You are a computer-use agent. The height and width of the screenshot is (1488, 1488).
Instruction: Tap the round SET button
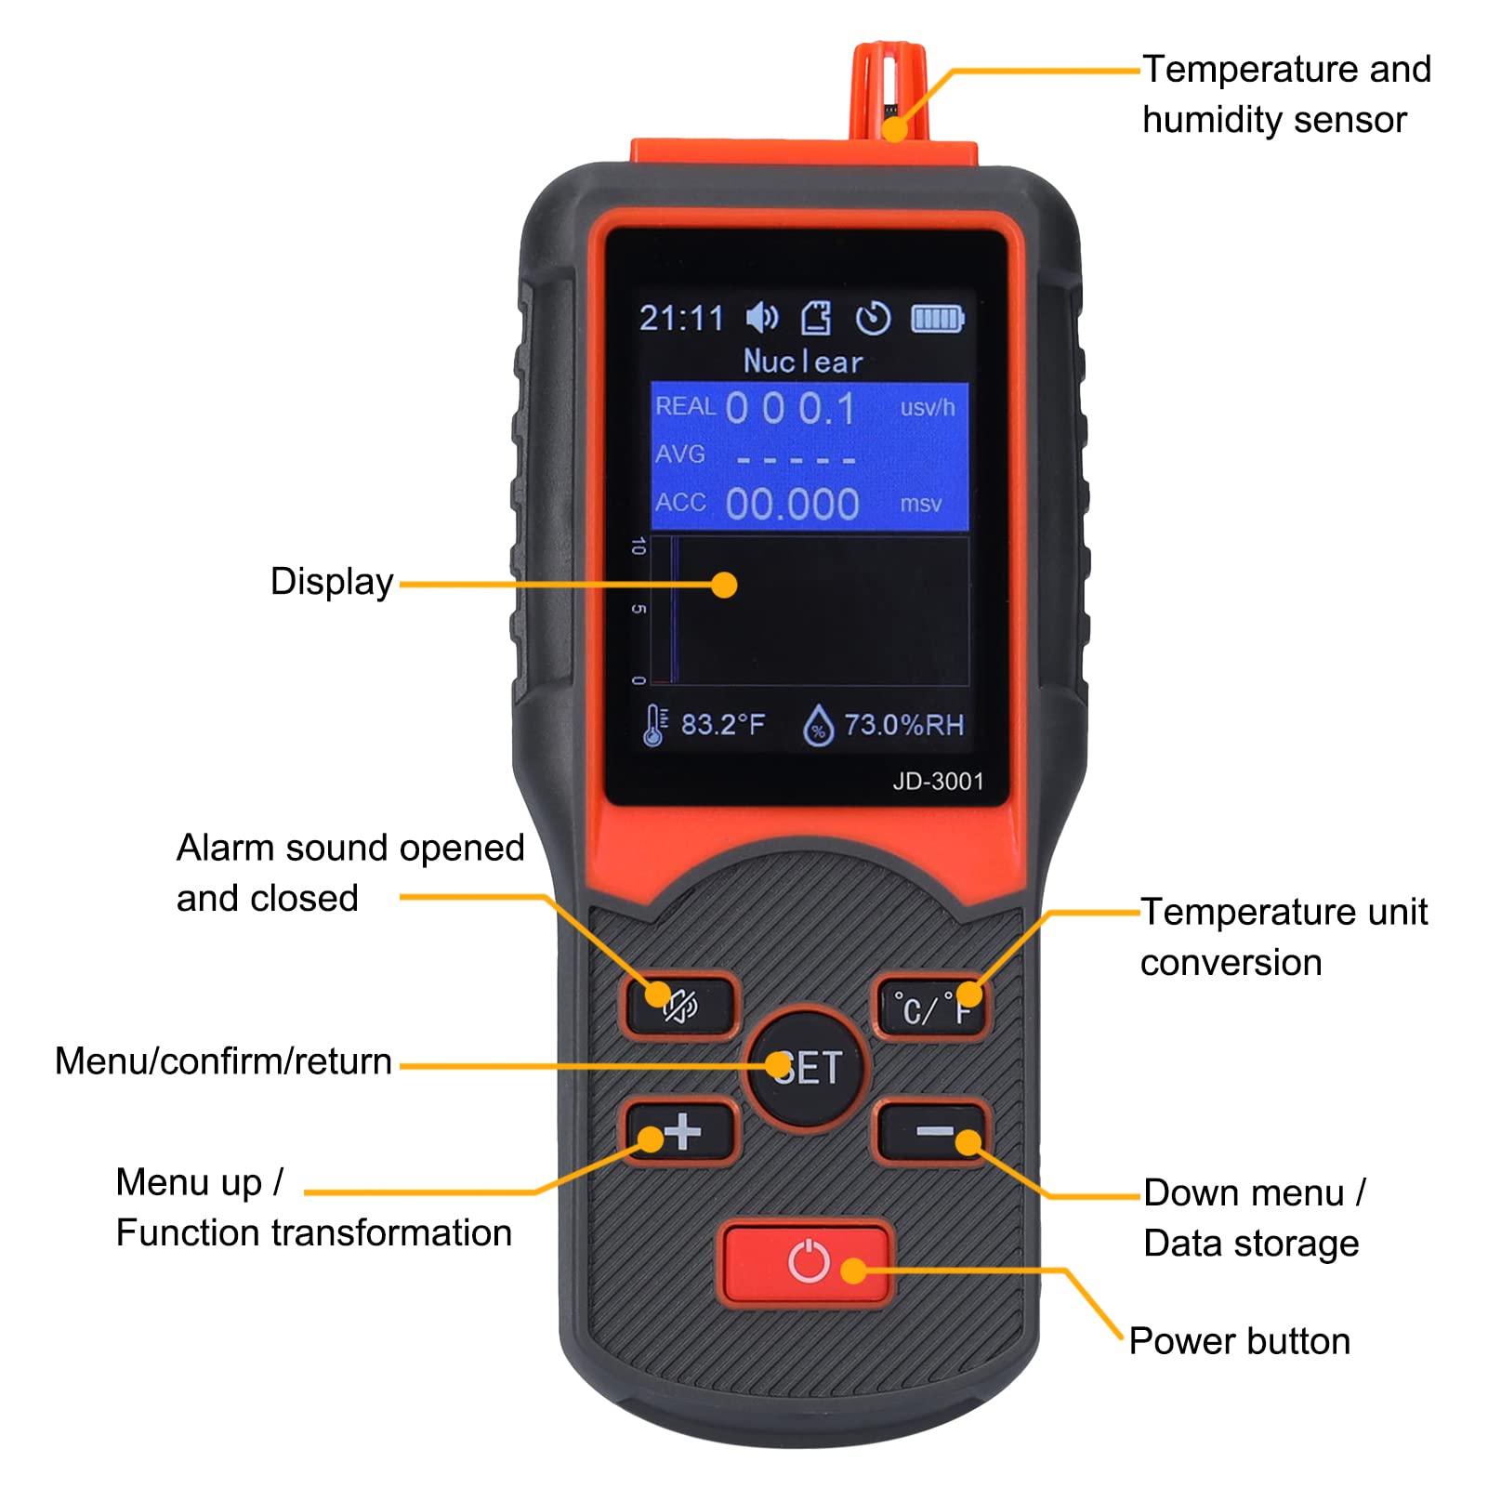tap(806, 1067)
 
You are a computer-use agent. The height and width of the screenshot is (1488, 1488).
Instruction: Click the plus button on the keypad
tap(681, 1131)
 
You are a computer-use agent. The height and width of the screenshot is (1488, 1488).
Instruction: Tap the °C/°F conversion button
tap(931, 1007)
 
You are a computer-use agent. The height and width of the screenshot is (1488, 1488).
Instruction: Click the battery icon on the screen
tap(938, 319)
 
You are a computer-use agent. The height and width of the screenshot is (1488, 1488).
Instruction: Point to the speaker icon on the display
tap(763, 318)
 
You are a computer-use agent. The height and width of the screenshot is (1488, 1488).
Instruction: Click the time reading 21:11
tap(681, 319)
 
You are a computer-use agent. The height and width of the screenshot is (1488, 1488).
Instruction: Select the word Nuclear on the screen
tap(804, 361)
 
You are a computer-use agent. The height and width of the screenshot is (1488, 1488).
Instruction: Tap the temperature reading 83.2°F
tap(723, 724)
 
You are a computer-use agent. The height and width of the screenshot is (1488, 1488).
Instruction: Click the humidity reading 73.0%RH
tap(904, 725)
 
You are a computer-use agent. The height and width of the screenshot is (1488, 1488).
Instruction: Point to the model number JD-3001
tap(938, 782)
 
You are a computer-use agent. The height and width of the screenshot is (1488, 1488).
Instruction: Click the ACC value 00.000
tap(792, 504)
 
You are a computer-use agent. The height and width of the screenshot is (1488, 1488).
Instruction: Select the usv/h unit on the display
tap(927, 407)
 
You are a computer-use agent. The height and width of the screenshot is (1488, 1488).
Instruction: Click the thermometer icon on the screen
tap(654, 725)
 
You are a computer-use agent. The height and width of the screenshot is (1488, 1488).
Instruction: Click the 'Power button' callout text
tap(1240, 1341)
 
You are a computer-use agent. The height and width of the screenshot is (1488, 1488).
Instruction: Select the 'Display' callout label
tap(332, 582)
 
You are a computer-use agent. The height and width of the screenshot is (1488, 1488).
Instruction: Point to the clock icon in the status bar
tap(873, 319)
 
